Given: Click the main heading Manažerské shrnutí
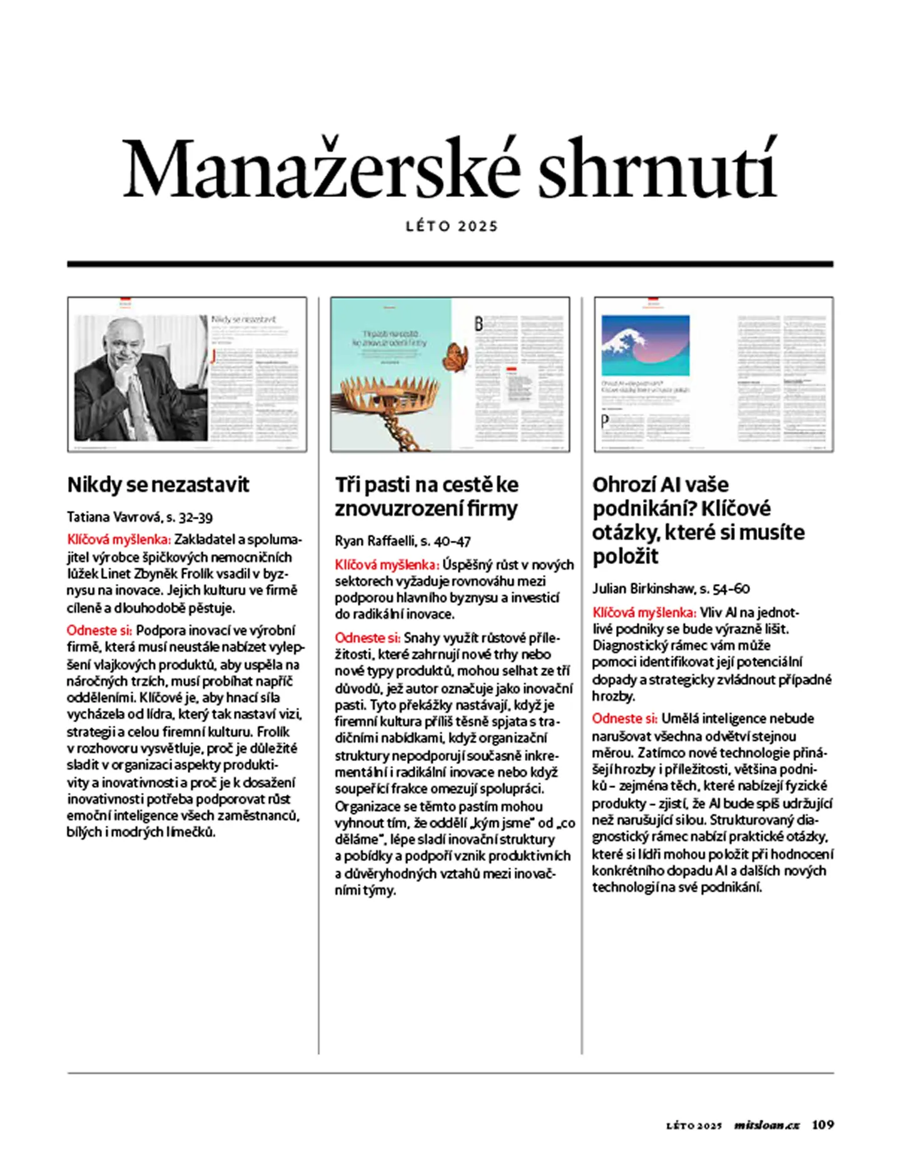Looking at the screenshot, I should tap(449, 169).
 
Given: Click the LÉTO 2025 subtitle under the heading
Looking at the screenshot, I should tap(452, 226).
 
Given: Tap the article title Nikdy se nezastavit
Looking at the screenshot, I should tap(158, 485).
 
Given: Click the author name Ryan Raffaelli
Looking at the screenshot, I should tap(375, 541).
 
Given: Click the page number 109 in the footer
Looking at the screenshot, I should tap(823, 1125).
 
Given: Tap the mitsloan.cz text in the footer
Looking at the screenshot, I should tap(767, 1125).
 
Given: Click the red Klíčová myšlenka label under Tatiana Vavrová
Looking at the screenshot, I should tap(119, 540).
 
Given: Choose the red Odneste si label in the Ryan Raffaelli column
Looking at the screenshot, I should tap(367, 638).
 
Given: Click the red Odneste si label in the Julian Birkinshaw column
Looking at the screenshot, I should tap(624, 718).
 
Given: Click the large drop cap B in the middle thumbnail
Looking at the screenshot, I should tap(479, 323).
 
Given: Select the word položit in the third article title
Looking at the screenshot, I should tap(626, 556).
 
